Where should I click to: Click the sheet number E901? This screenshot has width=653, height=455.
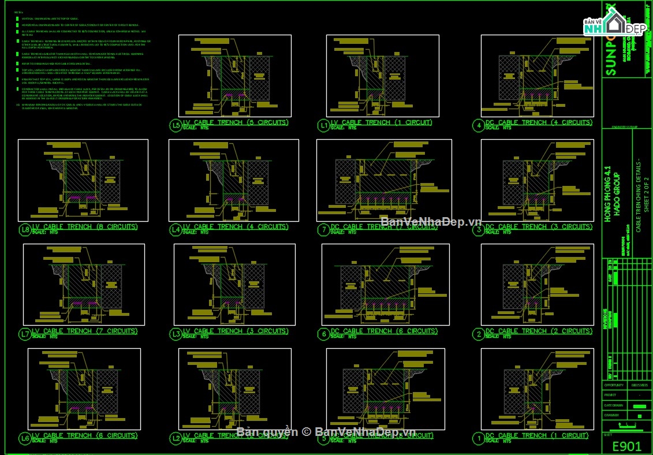tap(626, 445)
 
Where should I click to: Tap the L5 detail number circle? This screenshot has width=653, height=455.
tap(176, 125)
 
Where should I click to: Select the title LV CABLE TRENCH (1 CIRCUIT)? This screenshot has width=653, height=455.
tap(381, 122)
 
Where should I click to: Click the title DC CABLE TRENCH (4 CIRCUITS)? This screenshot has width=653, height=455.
tap(538, 122)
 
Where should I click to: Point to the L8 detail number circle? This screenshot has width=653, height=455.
tap(25, 229)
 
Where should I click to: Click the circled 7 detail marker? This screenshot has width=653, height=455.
tap(323, 230)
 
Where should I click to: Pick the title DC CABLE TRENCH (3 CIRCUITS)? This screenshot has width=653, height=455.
tap(538, 227)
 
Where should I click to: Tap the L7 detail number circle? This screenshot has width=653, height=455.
tap(25, 334)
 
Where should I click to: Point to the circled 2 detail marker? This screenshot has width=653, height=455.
tap(478, 334)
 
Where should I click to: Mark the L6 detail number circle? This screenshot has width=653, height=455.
tap(25, 438)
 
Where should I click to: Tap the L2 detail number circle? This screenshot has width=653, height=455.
tap(176, 438)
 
